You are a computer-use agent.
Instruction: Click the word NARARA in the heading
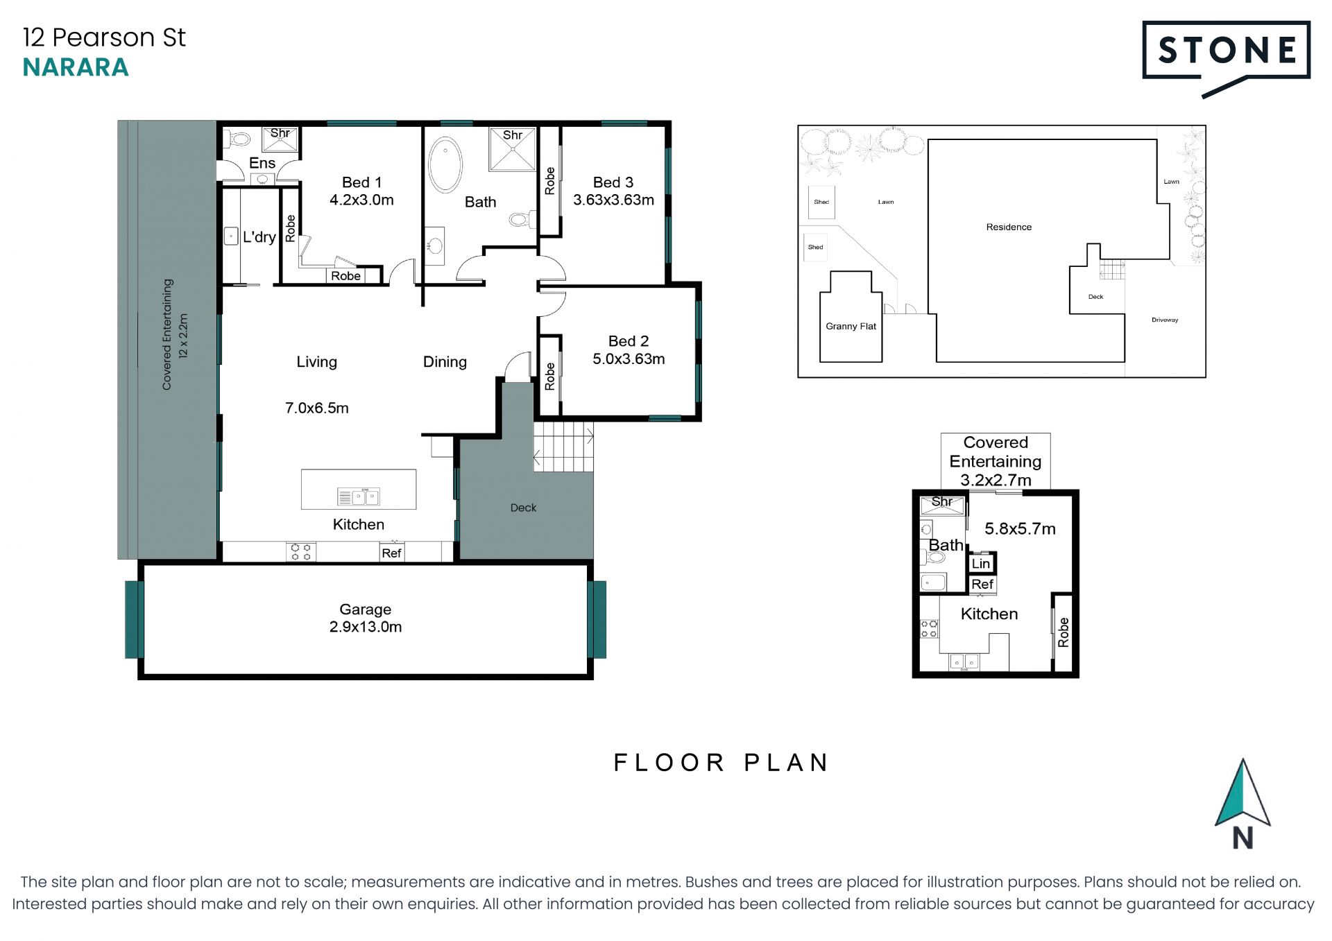(76, 67)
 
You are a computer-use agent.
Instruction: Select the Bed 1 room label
(361, 182)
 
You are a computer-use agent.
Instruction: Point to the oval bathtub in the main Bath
(445, 165)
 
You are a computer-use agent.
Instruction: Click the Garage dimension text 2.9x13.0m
(366, 627)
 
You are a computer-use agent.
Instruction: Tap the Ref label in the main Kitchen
(391, 553)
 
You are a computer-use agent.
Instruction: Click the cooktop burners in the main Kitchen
(301, 552)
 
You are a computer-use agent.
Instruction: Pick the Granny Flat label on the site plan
(851, 326)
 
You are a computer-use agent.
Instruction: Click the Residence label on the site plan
(1009, 227)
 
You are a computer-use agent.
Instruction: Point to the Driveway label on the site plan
(1165, 320)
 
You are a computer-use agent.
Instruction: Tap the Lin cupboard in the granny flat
(981, 563)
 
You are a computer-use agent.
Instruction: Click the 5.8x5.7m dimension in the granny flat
(1020, 529)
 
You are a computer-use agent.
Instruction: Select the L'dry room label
(259, 237)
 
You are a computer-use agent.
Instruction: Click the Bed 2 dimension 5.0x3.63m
(629, 359)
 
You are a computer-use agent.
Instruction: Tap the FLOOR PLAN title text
(721, 763)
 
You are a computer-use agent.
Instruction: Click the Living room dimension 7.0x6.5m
(317, 408)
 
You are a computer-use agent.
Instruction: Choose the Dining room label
(445, 362)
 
